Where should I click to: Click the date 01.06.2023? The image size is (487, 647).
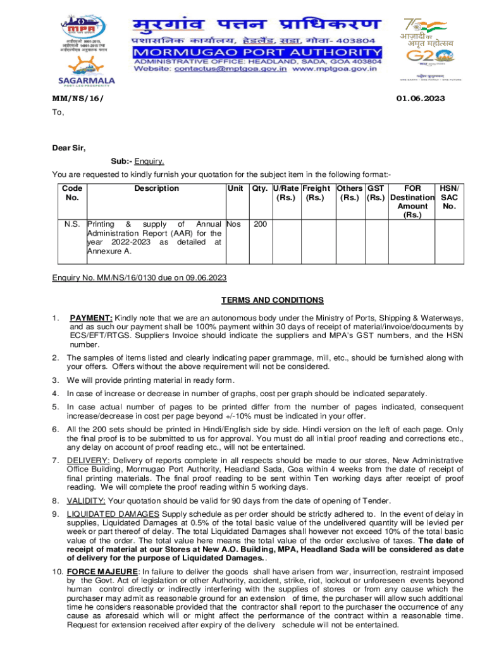click(x=421, y=99)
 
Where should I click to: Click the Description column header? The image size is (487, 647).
click(x=156, y=188)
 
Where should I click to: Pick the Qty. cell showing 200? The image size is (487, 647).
click(x=260, y=224)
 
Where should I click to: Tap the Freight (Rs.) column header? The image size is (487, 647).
click(x=316, y=193)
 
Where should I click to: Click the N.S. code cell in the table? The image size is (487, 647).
click(x=72, y=224)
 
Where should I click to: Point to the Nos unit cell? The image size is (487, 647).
click(x=233, y=224)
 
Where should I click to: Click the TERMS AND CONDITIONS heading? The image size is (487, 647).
click(x=272, y=300)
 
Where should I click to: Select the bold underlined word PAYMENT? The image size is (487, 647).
click(x=91, y=318)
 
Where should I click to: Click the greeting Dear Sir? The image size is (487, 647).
click(x=68, y=148)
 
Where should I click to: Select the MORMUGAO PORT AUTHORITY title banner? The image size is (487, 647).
click(x=257, y=51)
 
